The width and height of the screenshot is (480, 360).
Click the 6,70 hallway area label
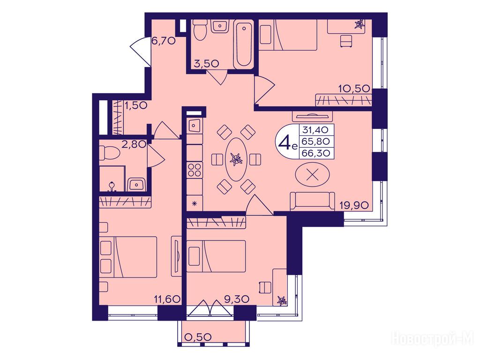(x=164, y=40)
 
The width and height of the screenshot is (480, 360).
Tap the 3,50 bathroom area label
(x=206, y=63)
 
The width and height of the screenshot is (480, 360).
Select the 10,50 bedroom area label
(x=354, y=89)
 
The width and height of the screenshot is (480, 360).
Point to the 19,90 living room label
(x=354, y=205)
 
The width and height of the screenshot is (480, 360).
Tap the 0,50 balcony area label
(x=199, y=337)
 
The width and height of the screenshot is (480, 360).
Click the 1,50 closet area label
(x=136, y=105)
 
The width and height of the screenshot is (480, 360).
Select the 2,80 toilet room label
(x=134, y=144)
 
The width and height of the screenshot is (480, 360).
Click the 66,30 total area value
(x=316, y=153)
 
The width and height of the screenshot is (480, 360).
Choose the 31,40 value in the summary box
(x=315, y=130)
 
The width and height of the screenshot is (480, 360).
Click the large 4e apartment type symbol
(x=286, y=142)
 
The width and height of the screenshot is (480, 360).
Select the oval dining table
(x=236, y=159)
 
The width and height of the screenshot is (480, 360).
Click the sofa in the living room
(x=313, y=201)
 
